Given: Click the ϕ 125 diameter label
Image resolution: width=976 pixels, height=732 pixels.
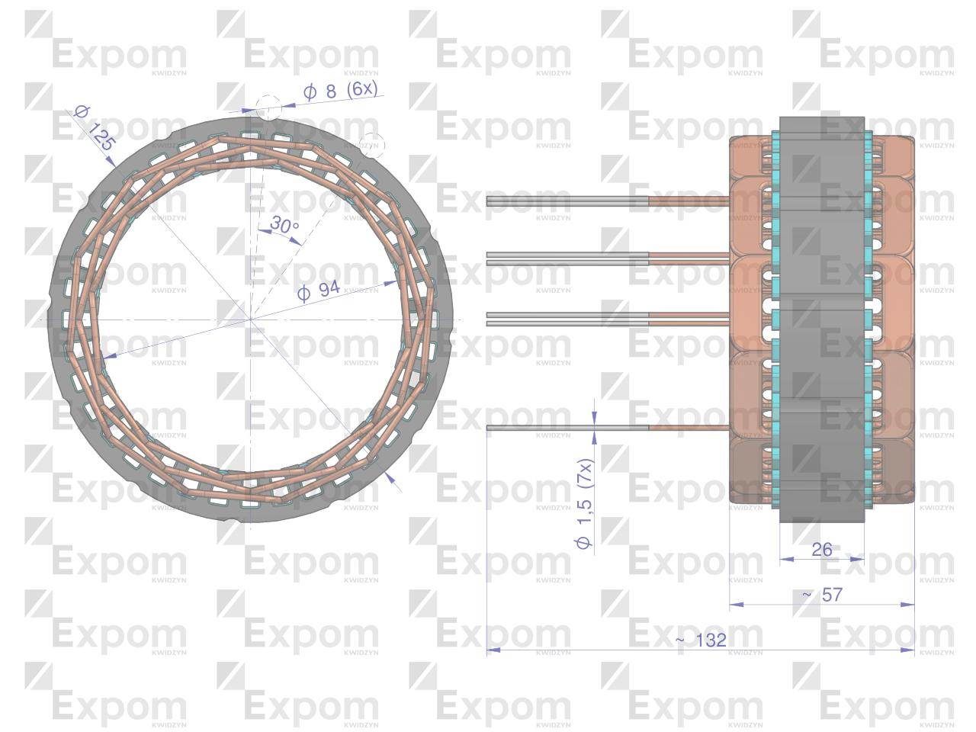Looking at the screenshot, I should point(95,128).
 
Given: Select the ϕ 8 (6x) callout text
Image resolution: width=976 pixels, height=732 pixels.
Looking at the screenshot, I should point(340,90).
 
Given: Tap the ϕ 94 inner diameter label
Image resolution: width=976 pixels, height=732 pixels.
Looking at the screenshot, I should point(318,290).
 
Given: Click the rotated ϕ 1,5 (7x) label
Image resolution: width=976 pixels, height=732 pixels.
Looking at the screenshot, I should point(585,503).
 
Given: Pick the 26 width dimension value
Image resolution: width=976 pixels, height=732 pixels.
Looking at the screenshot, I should point(821,549).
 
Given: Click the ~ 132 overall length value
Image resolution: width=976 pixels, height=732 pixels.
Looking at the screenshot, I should point(700,640).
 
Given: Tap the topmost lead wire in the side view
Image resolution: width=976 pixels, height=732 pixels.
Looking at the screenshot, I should point(568,201).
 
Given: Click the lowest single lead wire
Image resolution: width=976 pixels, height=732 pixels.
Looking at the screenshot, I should point(568,428).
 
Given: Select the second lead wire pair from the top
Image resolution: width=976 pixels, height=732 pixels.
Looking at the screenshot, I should point(568,258).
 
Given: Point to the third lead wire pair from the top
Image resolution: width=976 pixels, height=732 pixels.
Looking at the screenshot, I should point(568,319).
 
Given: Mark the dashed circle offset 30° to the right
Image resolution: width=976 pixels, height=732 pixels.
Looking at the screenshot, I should point(372,144).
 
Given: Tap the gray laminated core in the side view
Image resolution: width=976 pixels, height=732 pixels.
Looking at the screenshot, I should point(821,320).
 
